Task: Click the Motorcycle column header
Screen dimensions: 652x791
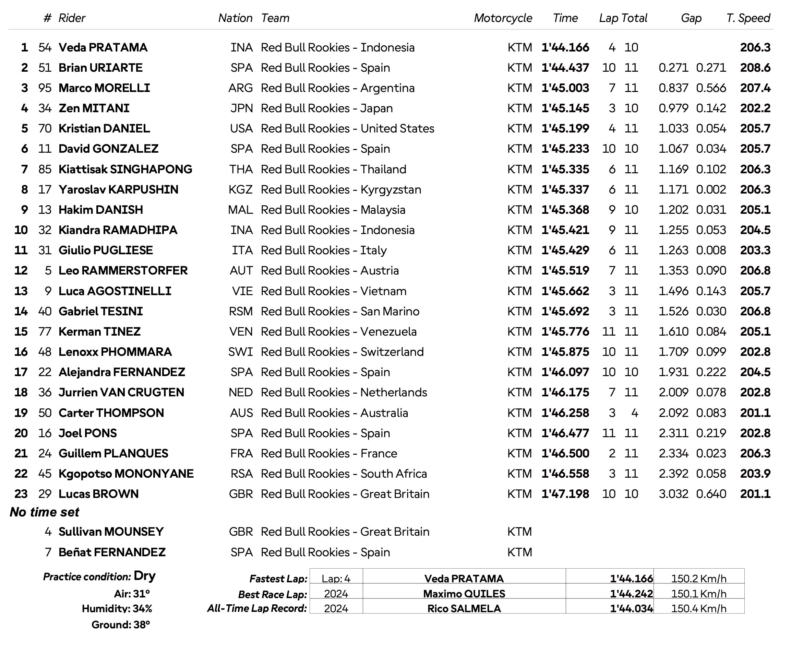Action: tap(502, 18)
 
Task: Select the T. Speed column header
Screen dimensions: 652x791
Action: tap(748, 18)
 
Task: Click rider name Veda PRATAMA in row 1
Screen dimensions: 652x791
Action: tap(103, 47)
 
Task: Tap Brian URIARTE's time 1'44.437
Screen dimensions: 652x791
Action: tap(565, 68)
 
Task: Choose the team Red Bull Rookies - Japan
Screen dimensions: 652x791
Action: tap(326, 108)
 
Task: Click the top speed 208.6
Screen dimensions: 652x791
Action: tap(755, 68)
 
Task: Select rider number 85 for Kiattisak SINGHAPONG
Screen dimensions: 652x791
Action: tap(45, 169)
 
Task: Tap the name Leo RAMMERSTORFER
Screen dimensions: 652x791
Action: tap(123, 270)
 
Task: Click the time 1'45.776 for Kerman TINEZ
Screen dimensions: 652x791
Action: tap(565, 331)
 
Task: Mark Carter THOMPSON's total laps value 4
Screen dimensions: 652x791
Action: tap(635, 413)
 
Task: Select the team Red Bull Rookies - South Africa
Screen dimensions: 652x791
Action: tap(344, 474)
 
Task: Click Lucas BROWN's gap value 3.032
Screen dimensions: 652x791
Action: tap(673, 494)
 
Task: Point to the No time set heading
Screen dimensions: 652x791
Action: tap(44, 512)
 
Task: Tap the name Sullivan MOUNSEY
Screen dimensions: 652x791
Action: tap(111, 532)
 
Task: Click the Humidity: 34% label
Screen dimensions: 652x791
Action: tap(117, 608)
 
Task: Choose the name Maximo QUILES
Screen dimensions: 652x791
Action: tap(464, 594)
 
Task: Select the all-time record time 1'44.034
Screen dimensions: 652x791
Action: tap(631, 608)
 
